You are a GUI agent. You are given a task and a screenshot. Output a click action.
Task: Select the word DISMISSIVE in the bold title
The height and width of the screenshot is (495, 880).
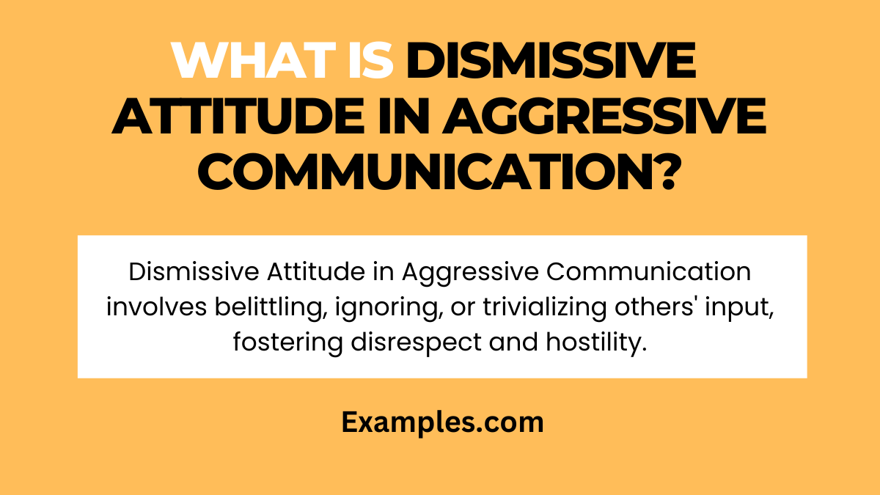point(551,62)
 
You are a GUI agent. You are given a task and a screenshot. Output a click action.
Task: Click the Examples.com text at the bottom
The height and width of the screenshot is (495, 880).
point(442,422)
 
